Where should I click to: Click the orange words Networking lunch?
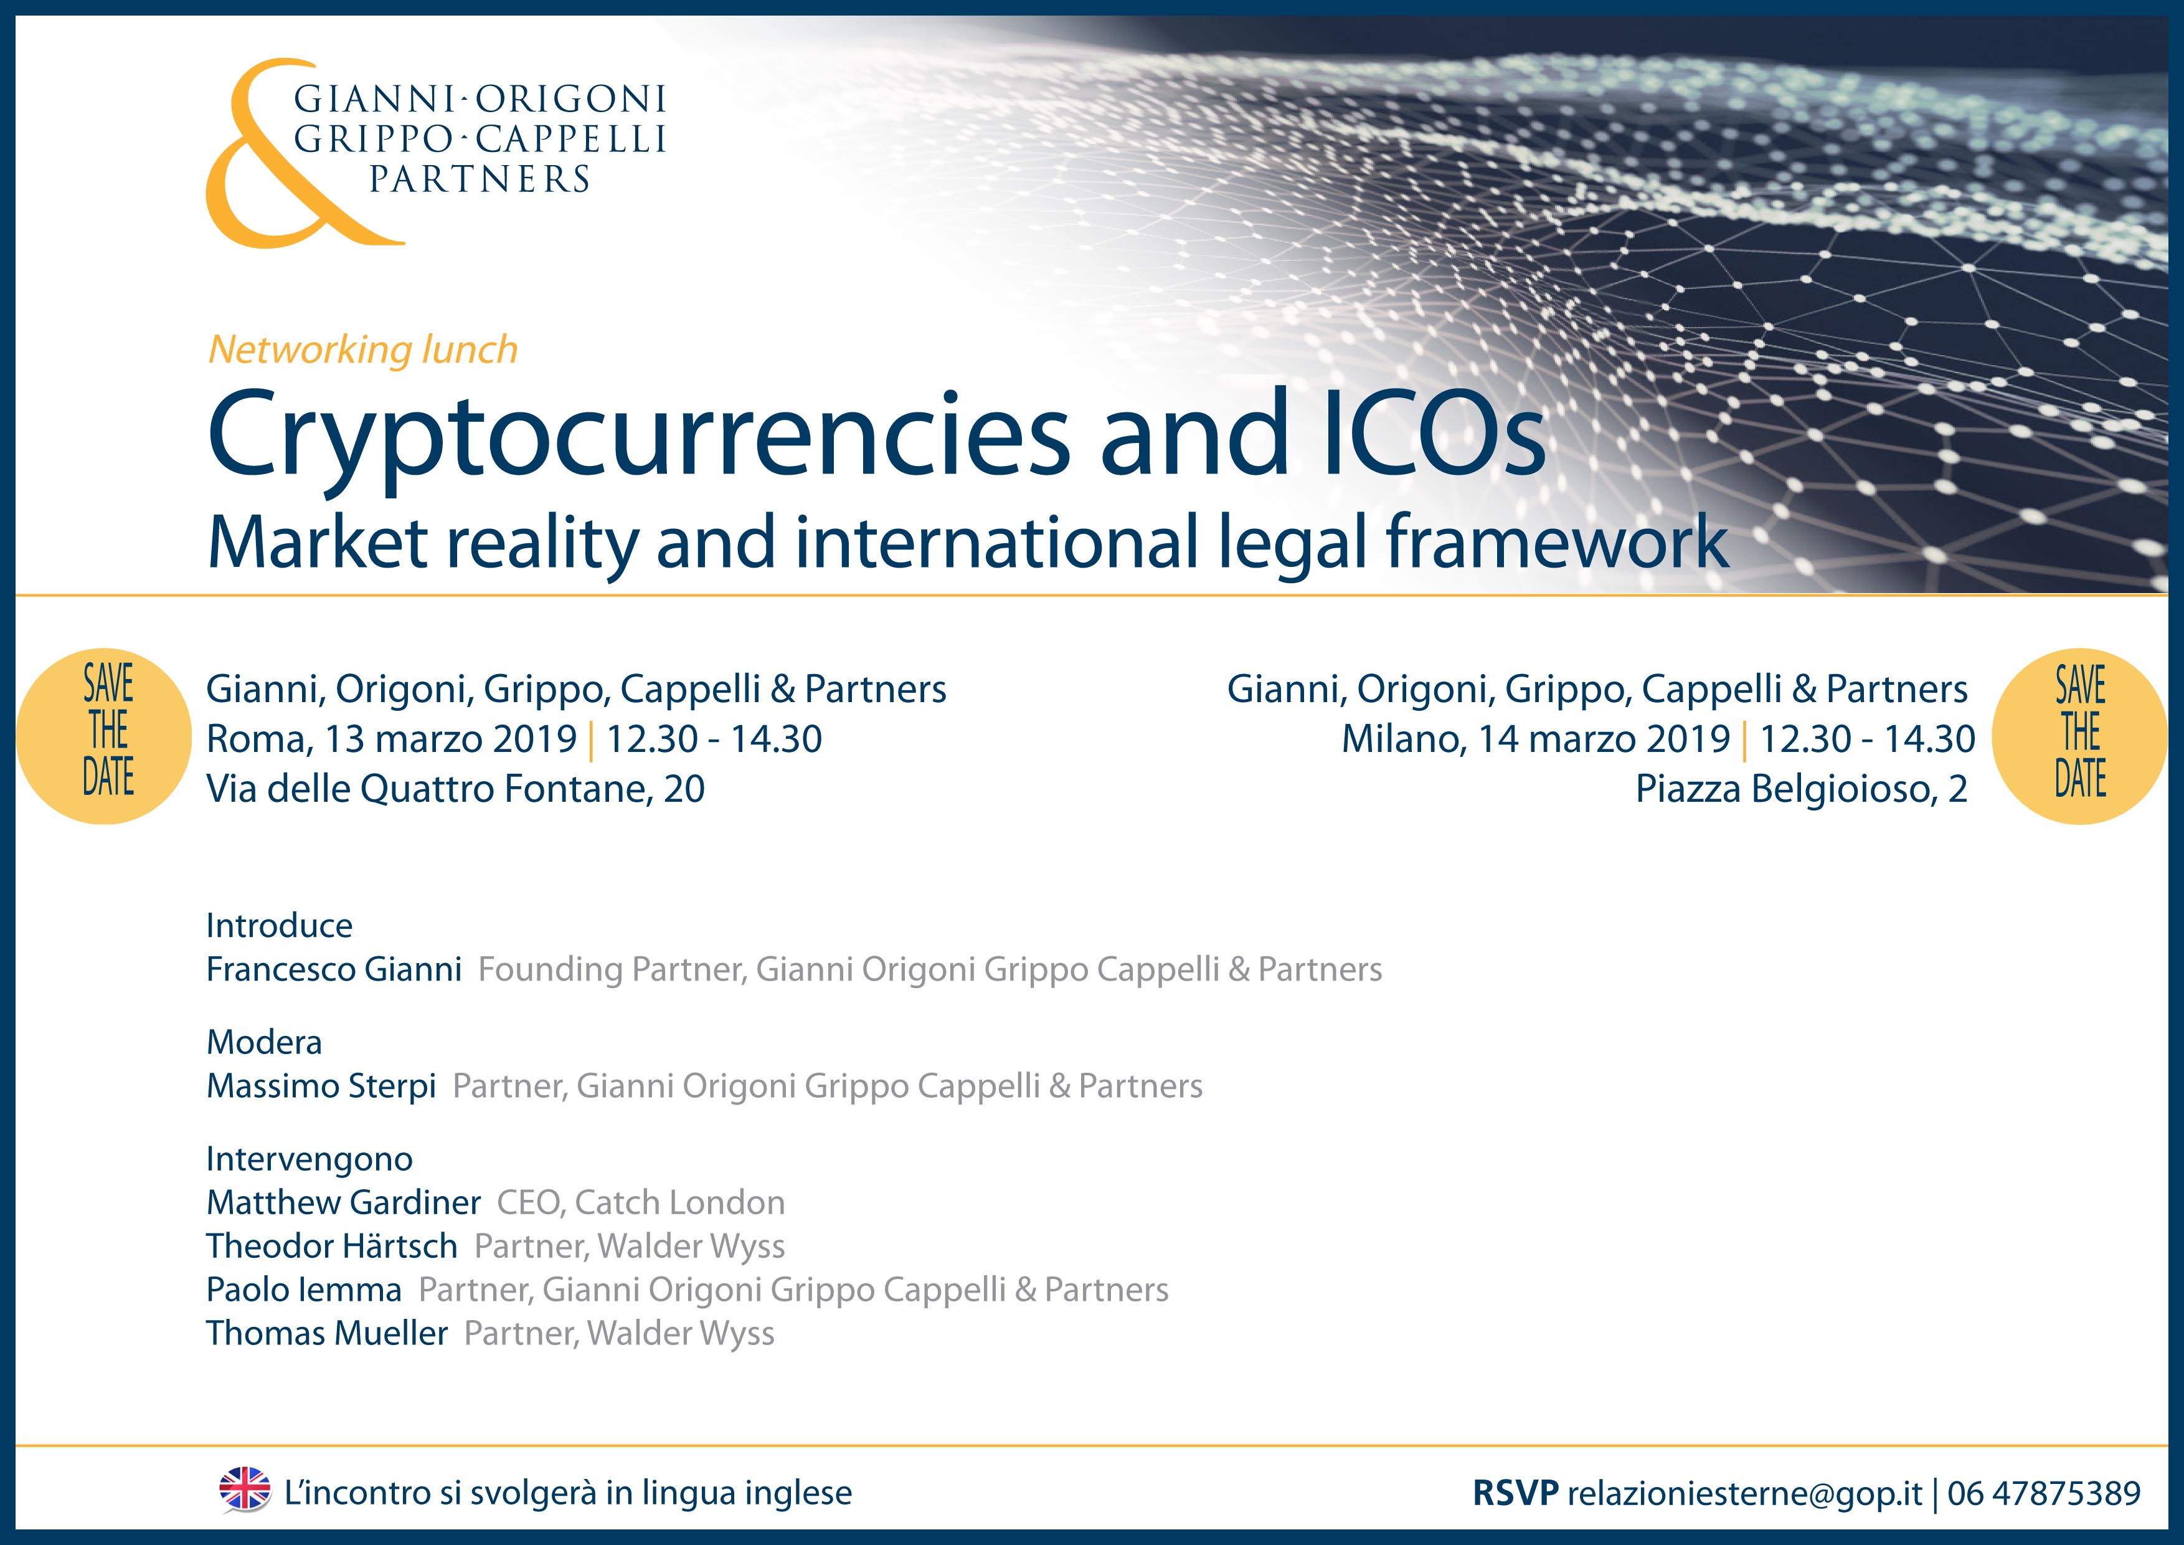(x=362, y=349)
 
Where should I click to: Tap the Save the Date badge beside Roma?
(x=105, y=735)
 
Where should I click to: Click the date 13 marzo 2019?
(x=451, y=739)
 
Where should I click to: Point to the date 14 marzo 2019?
(x=1604, y=739)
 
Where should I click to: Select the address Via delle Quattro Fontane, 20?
(x=456, y=789)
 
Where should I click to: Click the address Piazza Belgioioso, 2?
(x=1802, y=789)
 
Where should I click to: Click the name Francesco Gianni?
(x=334, y=969)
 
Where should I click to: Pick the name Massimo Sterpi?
(x=321, y=1085)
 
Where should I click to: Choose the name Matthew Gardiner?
(x=343, y=1202)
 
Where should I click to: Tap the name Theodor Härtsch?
(x=332, y=1246)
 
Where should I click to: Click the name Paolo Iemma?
(x=305, y=1290)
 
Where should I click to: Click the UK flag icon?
(x=245, y=1489)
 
